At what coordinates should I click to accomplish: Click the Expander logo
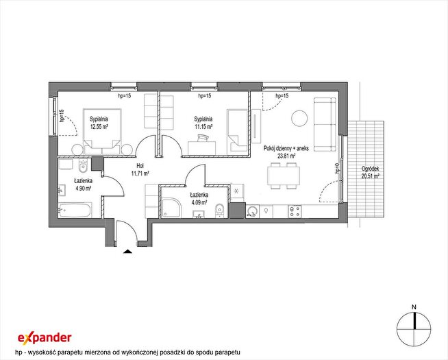45,337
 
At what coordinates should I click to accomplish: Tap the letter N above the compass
414,307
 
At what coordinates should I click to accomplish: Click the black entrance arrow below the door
127,252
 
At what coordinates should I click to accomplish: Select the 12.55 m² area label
99,126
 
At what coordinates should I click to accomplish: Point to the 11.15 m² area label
203,126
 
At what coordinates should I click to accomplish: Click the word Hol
140,166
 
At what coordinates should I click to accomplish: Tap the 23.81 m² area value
286,156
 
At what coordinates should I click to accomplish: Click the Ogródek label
371,169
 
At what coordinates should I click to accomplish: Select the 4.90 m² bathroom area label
83,188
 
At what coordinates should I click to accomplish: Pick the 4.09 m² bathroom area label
199,202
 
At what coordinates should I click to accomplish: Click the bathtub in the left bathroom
75,210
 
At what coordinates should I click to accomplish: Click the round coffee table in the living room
299,118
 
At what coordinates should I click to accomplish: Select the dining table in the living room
284,176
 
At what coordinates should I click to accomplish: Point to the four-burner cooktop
295,212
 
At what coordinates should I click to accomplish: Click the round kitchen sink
251,212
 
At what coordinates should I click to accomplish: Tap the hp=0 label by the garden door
337,169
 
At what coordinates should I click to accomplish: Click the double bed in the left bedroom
101,132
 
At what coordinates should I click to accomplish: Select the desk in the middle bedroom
202,147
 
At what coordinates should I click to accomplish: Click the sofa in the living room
325,124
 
